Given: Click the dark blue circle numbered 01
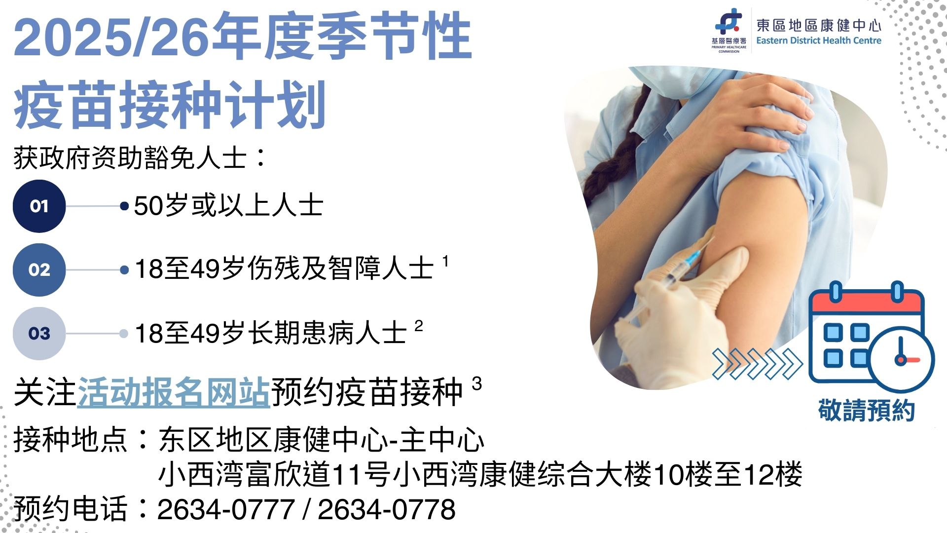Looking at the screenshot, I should tap(39, 206).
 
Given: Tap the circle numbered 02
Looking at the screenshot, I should tap(39, 269).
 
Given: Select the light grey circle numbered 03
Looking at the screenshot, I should tap(39, 333).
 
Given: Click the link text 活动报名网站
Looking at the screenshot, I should tap(174, 392).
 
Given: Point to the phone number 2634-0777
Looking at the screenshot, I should tap(226, 509).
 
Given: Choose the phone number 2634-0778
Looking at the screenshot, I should tap(386, 509).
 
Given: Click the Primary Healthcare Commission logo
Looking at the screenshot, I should tap(728, 30).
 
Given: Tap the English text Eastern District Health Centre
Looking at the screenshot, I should tap(818, 41).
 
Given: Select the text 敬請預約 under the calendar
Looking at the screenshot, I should tap(866, 410).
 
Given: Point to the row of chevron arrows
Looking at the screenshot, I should tap(757, 364).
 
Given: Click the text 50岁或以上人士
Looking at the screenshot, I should tap(228, 206).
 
